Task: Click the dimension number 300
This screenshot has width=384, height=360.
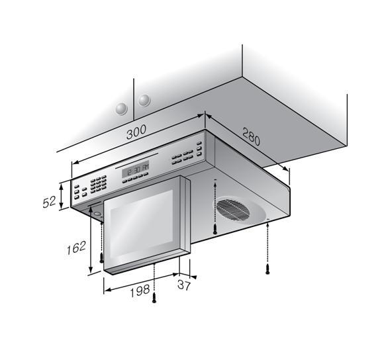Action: point(136,132)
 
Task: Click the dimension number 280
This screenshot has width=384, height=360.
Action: point(251,136)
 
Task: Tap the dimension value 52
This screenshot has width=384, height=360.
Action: point(49,202)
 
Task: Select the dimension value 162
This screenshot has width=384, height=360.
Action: point(76,247)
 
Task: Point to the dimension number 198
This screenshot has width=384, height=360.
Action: point(140,291)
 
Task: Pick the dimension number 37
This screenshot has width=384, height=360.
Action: point(183,285)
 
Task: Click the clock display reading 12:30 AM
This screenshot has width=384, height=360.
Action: point(136,169)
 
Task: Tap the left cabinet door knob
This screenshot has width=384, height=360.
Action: point(121,108)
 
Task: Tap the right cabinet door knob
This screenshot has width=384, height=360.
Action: point(144,100)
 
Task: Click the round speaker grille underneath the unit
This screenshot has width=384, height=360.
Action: point(233,210)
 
